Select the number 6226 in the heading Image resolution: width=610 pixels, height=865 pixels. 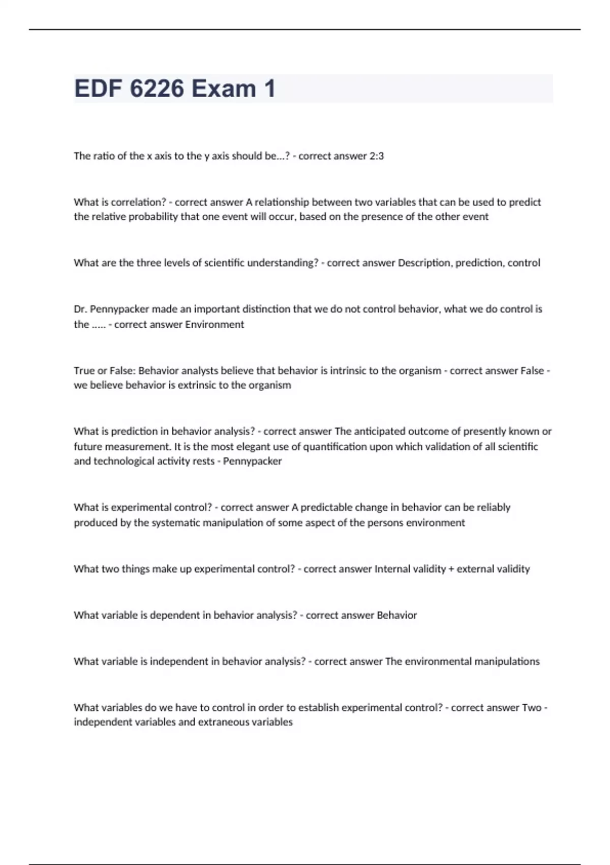pos(157,89)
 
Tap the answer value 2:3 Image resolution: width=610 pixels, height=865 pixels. pos(376,156)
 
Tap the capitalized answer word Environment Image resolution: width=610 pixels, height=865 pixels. pos(215,325)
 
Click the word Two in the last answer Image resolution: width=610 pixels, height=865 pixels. pos(532,707)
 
